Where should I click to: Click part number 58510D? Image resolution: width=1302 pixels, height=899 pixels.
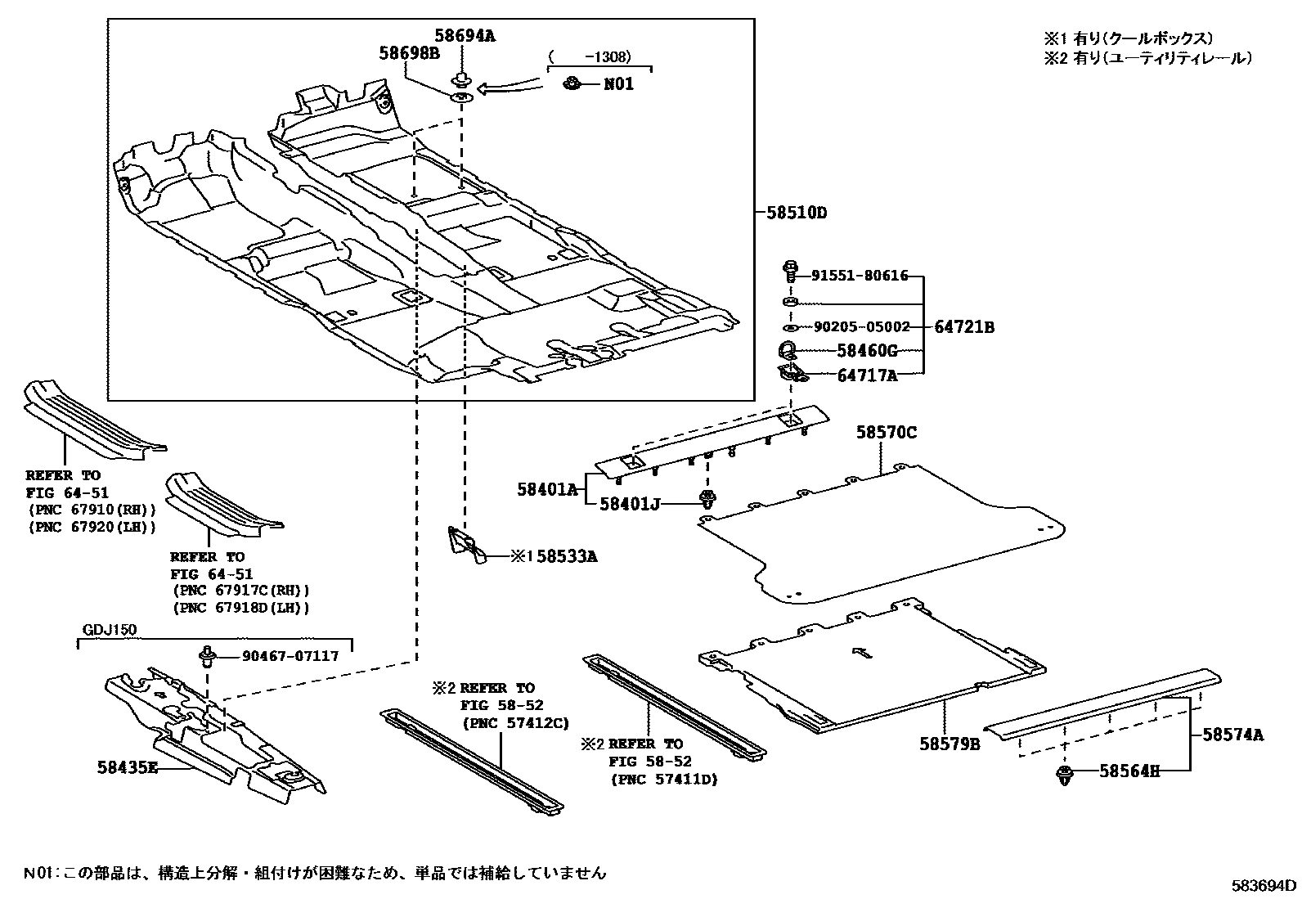click(797, 214)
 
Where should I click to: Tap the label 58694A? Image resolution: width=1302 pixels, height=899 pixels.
click(465, 36)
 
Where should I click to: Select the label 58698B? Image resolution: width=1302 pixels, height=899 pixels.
click(409, 53)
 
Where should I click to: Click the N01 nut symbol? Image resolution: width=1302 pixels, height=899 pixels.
click(572, 83)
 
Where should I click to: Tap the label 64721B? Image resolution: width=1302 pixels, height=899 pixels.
click(964, 327)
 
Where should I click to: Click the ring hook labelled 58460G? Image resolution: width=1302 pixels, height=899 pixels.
click(787, 351)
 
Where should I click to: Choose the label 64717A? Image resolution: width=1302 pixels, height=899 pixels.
click(867, 375)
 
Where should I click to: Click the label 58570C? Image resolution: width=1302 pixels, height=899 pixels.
click(887, 432)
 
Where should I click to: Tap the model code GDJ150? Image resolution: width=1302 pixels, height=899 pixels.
click(110, 629)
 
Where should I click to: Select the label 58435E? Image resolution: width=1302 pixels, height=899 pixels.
click(127, 769)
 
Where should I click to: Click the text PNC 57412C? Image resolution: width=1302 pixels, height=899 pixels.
click(515, 722)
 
